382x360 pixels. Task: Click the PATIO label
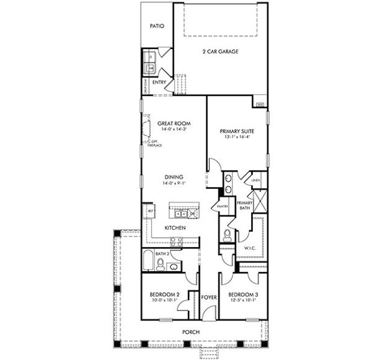point(157,27)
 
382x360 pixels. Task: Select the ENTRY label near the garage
point(159,82)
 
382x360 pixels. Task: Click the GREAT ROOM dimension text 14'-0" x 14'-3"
point(174,129)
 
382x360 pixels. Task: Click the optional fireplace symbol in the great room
point(146,130)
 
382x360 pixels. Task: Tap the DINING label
point(174,177)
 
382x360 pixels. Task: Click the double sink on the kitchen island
point(179,213)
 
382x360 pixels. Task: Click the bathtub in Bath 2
point(148,263)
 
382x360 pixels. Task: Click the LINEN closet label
point(255,180)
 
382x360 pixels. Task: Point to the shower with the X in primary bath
point(259,200)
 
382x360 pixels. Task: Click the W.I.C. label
point(250,248)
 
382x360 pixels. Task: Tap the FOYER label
point(208,297)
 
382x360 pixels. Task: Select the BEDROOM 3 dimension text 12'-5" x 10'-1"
point(243,301)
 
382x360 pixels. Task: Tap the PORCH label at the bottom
point(191,332)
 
